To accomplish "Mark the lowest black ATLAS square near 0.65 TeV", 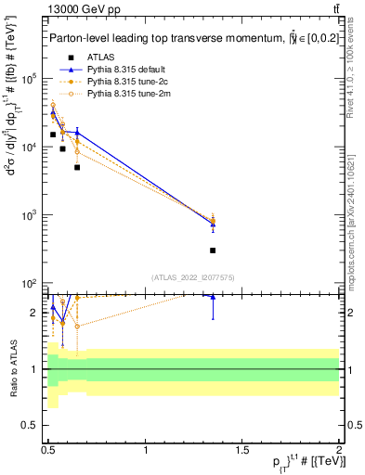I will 77,167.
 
